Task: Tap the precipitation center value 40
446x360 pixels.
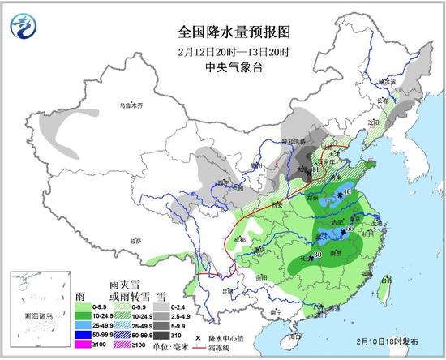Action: tap(348, 191)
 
